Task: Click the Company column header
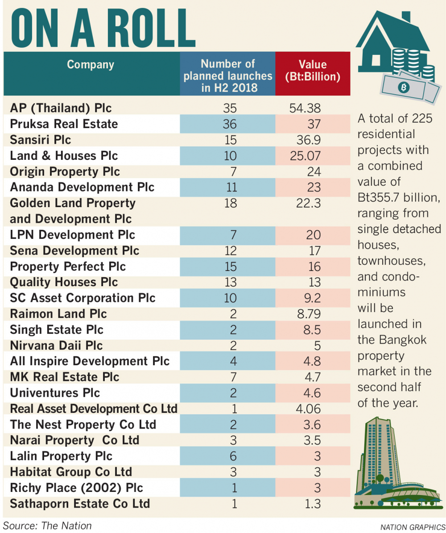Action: point(91,65)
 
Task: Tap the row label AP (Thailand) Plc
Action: point(61,108)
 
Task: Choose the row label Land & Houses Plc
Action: point(64,155)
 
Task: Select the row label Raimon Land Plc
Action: point(58,314)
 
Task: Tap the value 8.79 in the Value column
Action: point(308,314)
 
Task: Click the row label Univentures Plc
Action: point(55,393)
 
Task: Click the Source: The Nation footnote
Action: point(47,525)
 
